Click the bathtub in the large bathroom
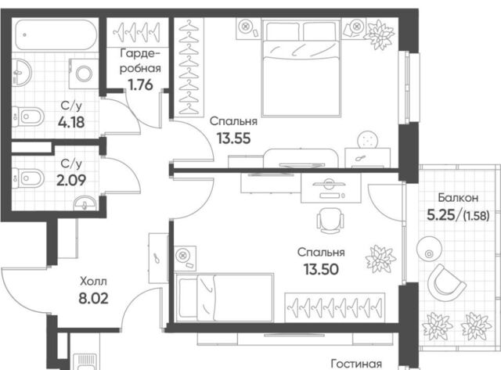pyautogui.click(x=56, y=34)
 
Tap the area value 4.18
pyautogui.click(x=71, y=122)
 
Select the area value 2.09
pyautogui.click(x=71, y=181)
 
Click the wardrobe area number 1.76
pyautogui.click(x=140, y=85)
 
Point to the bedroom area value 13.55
pyautogui.click(x=233, y=138)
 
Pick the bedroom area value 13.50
pyautogui.click(x=322, y=269)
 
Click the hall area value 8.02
pyautogui.click(x=93, y=299)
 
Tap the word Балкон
pyautogui.click(x=458, y=198)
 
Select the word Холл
pyautogui.click(x=93, y=282)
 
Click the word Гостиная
pyautogui.click(x=356, y=364)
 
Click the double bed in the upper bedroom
pyautogui.click(x=301, y=68)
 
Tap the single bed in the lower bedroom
pyautogui.click(x=225, y=297)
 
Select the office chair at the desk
pyautogui.click(x=330, y=221)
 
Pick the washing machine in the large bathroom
pyautogui.click(x=84, y=74)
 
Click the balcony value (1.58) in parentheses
pyautogui.click(x=476, y=217)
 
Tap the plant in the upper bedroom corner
pyautogui.click(x=379, y=34)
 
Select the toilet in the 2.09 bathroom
pyautogui.click(x=28, y=178)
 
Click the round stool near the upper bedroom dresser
pyautogui.click(x=368, y=140)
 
